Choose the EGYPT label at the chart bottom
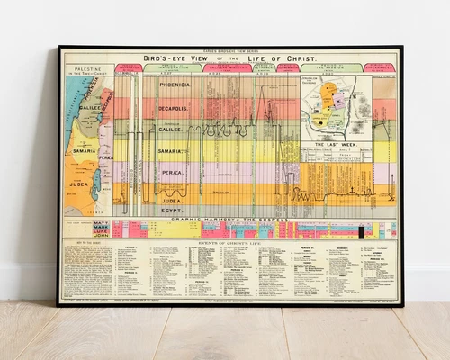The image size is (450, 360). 174,210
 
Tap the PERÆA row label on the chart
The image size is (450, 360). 172,171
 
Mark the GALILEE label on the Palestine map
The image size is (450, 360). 90,107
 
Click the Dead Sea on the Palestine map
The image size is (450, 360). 95,184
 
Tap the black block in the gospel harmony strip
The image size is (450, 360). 362,232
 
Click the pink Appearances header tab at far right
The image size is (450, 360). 382,67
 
